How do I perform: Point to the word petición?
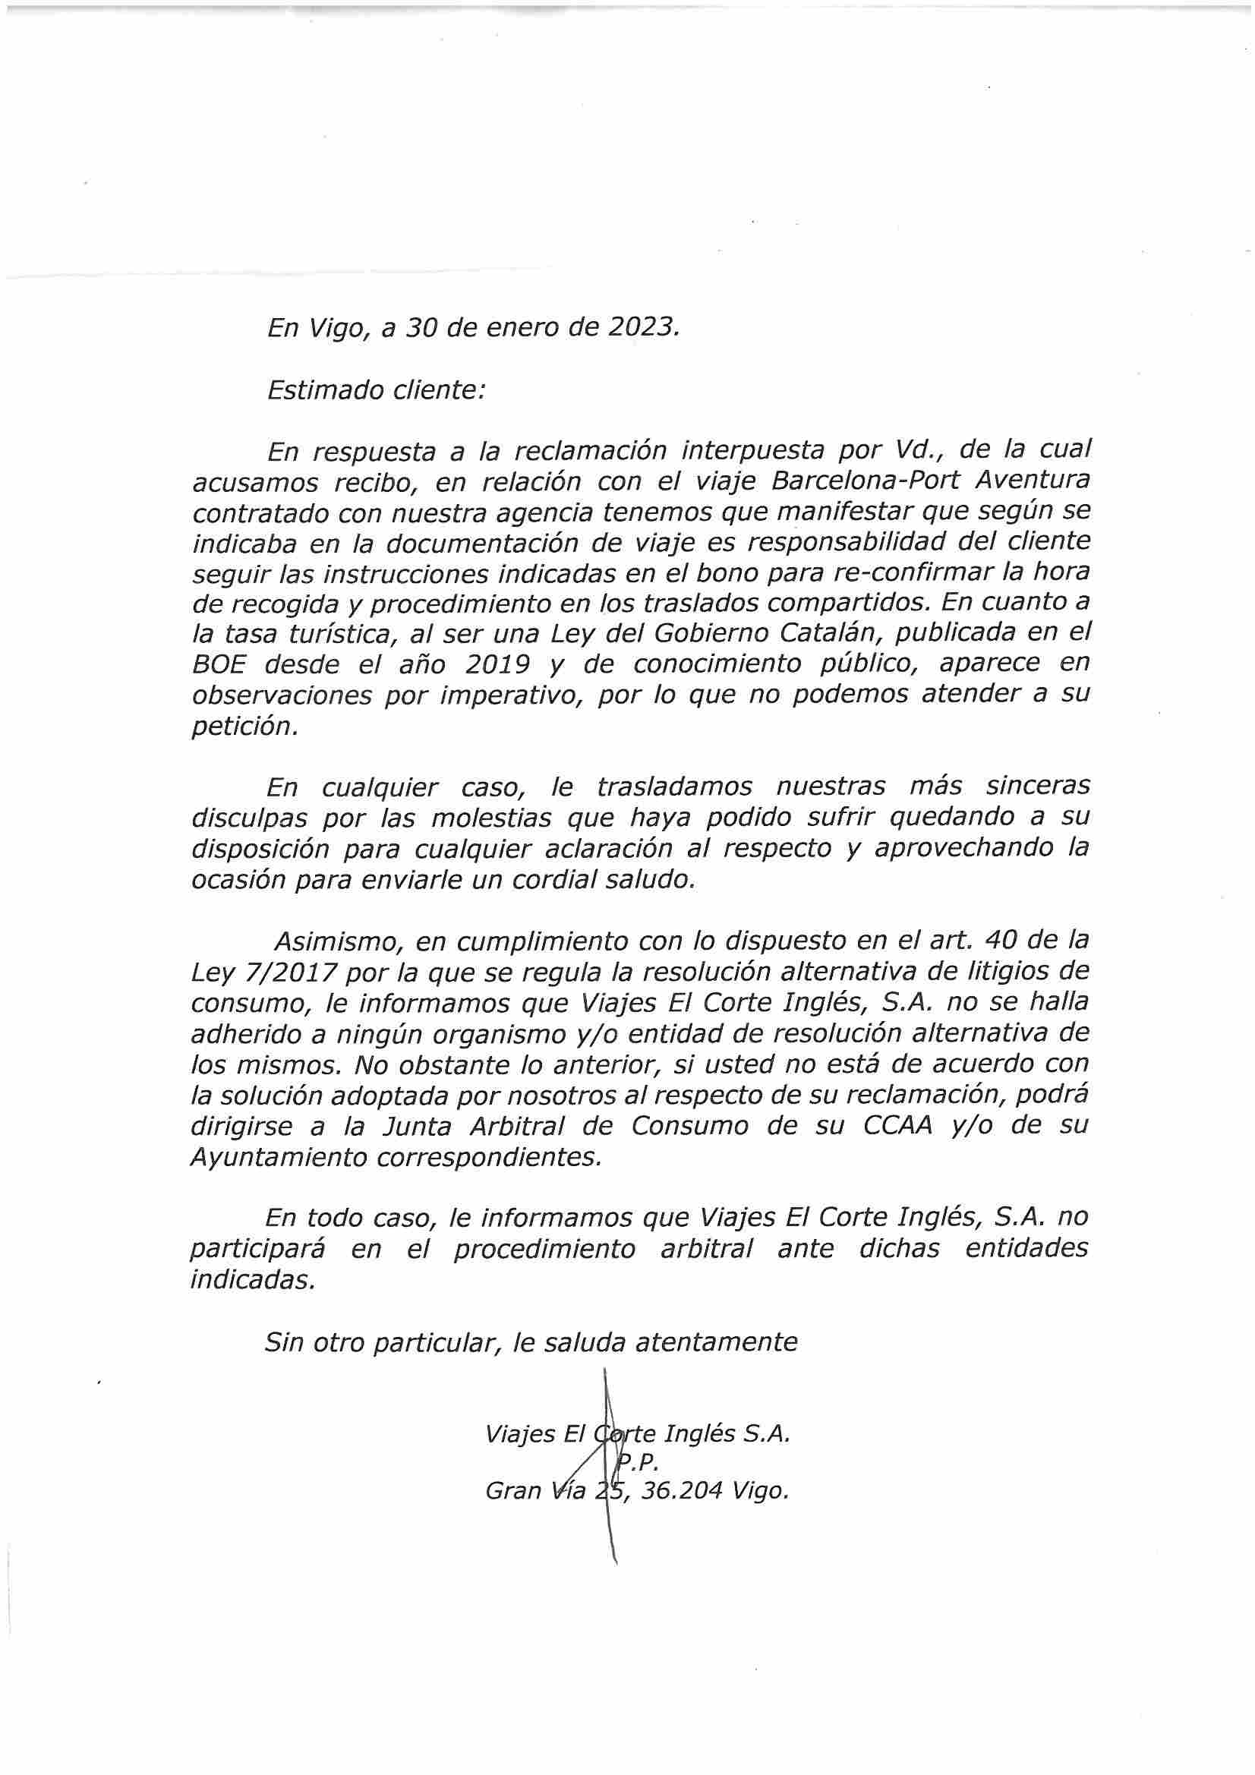coord(244,727)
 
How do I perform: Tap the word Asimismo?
coord(338,941)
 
